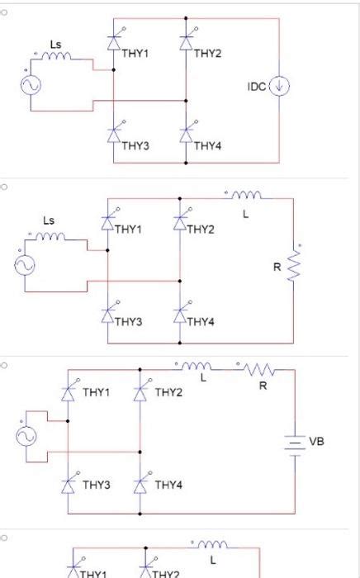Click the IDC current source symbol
[x=281, y=85]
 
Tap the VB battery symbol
[x=295, y=443]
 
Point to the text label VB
[x=318, y=442]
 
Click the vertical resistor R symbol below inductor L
[x=292, y=266]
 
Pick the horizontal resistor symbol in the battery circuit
[x=258, y=369]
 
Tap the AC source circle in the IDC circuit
[x=36, y=85]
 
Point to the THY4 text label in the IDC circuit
[x=207, y=146]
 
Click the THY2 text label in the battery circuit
[x=168, y=392]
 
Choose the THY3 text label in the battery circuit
[x=96, y=485]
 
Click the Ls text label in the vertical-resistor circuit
[x=50, y=220]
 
